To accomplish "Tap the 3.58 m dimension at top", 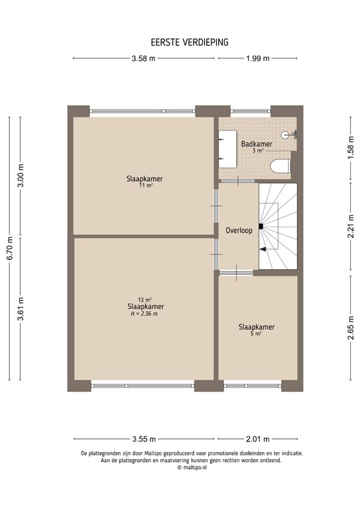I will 143,59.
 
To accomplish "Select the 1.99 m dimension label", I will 257,59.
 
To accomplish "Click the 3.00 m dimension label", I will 21,176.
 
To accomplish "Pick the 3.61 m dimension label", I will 21,309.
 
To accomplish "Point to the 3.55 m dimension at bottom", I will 144,439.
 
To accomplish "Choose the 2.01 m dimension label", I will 258,439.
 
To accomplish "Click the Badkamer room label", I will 256,144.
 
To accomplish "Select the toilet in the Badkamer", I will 280,165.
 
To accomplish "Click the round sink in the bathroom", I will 286,135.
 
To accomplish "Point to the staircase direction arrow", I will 264,249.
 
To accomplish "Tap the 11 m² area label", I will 145,186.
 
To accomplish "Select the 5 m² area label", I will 257,335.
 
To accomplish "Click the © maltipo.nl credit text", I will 192,467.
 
